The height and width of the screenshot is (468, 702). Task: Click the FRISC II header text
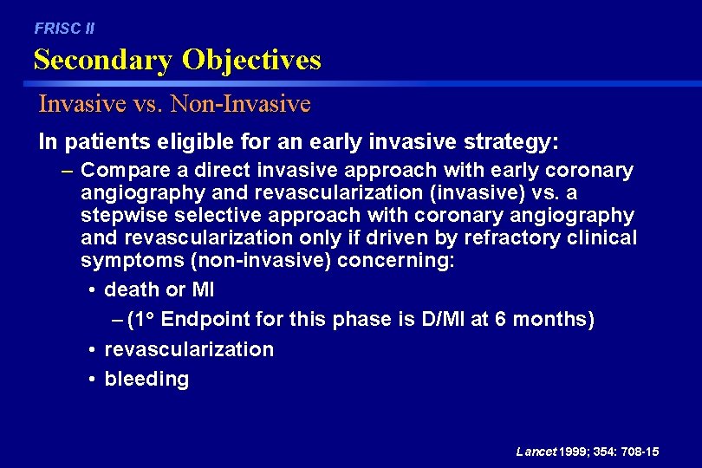64,29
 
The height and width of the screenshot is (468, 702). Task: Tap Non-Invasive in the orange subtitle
241,105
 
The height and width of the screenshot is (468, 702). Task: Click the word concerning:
406,261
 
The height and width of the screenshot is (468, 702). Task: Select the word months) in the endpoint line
554,320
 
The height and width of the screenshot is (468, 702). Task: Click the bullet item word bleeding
146,379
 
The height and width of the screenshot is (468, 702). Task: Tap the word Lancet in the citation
536,452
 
